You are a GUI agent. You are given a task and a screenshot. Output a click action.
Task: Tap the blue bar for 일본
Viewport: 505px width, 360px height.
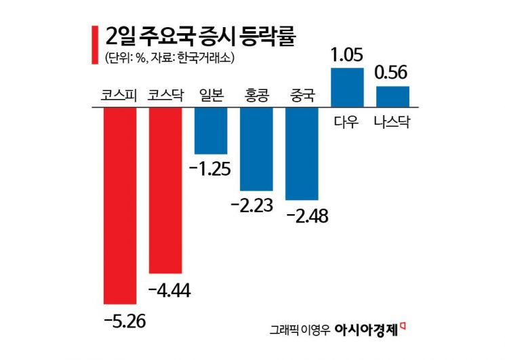coord(210,131)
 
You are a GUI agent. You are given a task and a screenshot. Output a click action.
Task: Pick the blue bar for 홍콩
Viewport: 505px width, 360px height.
coord(256,149)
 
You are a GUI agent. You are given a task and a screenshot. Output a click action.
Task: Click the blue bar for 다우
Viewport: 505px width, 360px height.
coord(346,87)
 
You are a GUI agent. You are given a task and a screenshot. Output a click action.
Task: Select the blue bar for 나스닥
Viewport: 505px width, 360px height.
coord(392,96)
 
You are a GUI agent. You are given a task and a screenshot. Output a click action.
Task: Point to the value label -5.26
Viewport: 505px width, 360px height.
coord(124,319)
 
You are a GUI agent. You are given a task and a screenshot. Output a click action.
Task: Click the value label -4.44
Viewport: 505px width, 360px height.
coord(169,290)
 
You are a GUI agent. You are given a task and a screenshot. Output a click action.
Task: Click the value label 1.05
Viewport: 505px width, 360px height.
coord(346,55)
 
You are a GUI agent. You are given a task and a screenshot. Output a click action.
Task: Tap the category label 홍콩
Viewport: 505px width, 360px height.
coord(256,96)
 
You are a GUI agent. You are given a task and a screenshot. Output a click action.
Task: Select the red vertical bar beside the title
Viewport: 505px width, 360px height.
coord(94,44)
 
